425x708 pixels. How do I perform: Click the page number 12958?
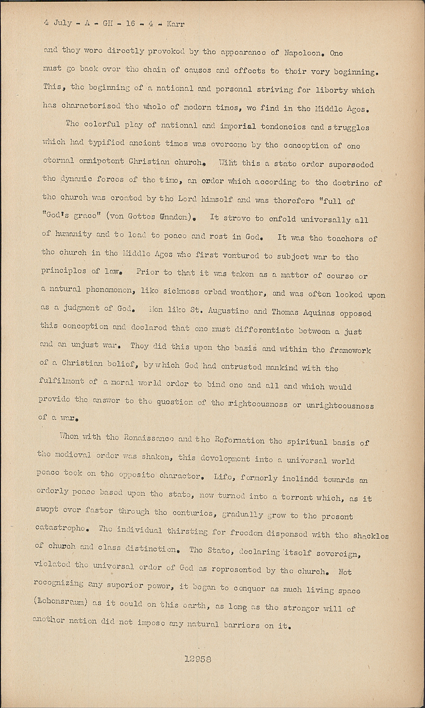pyautogui.click(x=198, y=659)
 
